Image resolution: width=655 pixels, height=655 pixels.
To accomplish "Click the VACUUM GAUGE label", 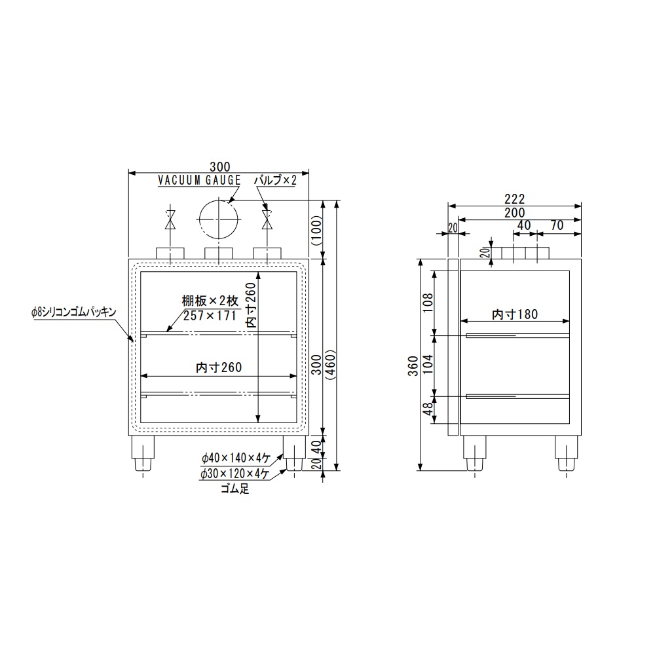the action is pos(199,180).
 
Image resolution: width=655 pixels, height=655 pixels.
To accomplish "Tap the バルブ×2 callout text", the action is pos(275,180).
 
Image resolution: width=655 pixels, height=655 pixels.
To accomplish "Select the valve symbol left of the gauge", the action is pos(170,219).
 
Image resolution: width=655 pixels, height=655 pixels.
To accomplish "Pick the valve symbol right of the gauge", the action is pos(267,219).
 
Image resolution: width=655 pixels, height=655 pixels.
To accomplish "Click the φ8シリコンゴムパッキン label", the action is pos(74,312).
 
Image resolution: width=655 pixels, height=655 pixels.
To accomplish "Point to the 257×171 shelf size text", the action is pos(210,316).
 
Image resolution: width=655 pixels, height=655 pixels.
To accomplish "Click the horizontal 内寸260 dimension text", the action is pos(219,367).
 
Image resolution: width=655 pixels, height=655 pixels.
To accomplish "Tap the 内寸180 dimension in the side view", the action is pos(515,314).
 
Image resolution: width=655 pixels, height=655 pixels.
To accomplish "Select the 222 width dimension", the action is pos(515,199).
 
